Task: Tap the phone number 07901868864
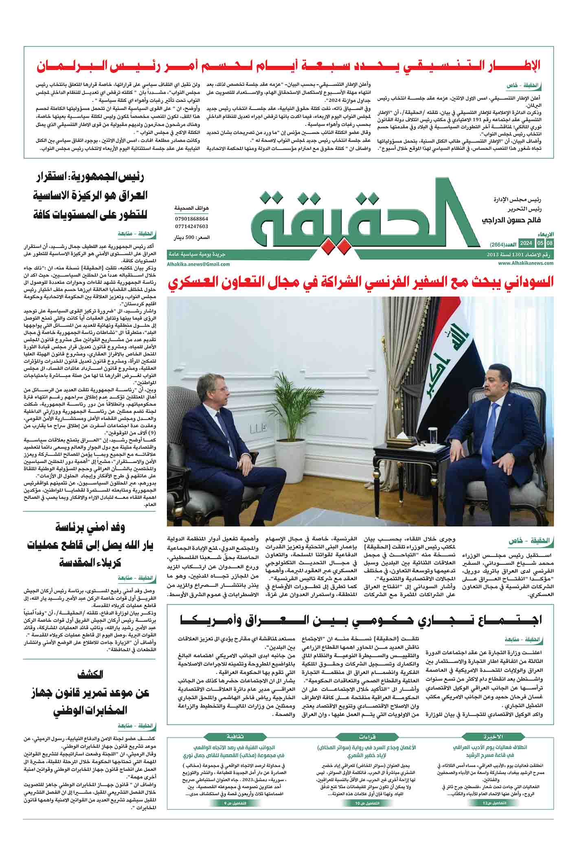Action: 191,219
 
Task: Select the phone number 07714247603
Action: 191,226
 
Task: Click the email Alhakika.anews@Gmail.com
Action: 198,264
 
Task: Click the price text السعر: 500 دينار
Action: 193,237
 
